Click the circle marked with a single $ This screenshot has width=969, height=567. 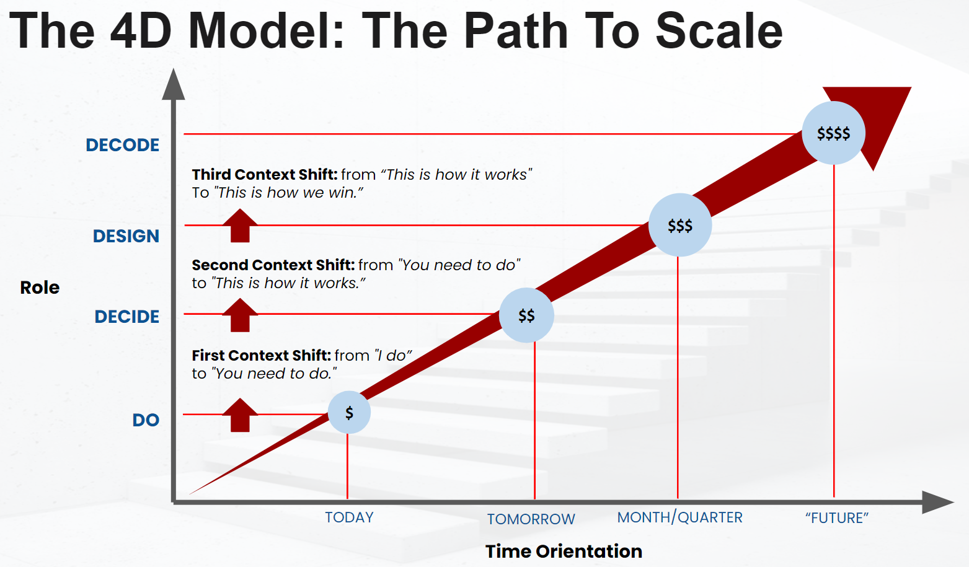click(x=349, y=412)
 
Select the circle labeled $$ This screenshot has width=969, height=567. click(x=526, y=315)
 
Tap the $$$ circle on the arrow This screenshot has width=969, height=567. click(x=680, y=225)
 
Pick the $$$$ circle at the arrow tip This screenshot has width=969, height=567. click(x=833, y=133)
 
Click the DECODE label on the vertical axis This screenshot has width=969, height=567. click(x=123, y=145)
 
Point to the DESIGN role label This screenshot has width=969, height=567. click(x=126, y=236)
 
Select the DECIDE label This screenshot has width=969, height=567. click(x=127, y=317)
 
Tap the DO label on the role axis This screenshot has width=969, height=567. click(x=146, y=420)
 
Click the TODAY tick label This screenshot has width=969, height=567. click(x=349, y=517)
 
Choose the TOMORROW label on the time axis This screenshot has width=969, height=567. click(x=531, y=519)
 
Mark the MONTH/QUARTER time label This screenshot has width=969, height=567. click(x=679, y=517)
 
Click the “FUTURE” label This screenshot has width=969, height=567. click(x=836, y=518)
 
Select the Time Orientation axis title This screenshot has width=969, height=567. click(x=564, y=551)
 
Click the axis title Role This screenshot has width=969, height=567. click(x=40, y=288)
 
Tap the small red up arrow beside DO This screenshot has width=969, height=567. click(x=240, y=415)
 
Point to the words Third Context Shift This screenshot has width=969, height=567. click(x=265, y=175)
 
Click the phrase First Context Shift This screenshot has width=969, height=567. click(x=261, y=356)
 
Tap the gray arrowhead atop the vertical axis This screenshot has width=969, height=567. click(x=174, y=86)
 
